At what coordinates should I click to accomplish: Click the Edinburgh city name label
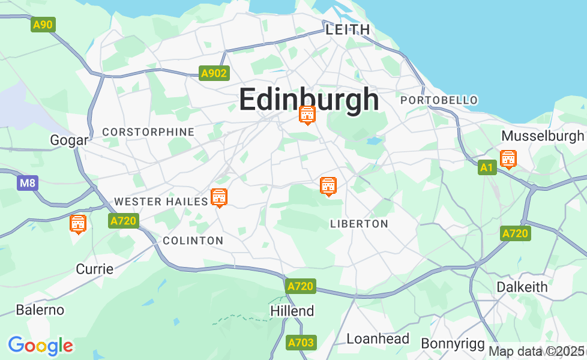tap(309, 100)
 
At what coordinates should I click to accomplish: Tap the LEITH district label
tap(348, 29)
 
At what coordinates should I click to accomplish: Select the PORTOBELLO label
tap(439, 100)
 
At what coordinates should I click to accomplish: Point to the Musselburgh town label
tap(542, 136)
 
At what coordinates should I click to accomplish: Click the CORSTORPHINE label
tap(148, 132)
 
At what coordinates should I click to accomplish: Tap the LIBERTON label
tap(359, 224)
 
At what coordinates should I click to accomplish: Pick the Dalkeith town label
tap(522, 287)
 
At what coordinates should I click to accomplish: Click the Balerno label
tap(40, 310)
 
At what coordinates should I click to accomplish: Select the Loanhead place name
tap(378, 338)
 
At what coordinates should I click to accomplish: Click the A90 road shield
tap(43, 25)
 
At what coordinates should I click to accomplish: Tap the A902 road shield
tap(214, 73)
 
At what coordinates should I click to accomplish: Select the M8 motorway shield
tap(27, 182)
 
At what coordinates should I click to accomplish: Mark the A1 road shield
tap(487, 168)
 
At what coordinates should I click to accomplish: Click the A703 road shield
tap(300, 343)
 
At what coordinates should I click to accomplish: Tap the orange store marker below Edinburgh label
tap(307, 114)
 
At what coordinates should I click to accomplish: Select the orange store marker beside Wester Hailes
tap(219, 197)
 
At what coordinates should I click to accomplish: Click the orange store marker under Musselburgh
tap(508, 159)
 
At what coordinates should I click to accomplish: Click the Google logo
tap(40, 346)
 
